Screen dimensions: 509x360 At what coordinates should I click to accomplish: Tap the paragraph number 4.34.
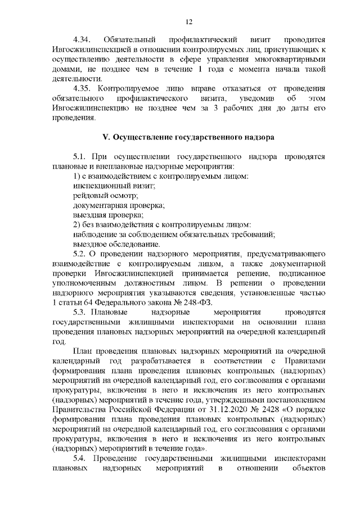coord(83,40)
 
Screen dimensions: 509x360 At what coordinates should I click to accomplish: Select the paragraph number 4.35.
coord(83,88)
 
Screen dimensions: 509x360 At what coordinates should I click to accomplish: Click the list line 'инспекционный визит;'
coord(106,186)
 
